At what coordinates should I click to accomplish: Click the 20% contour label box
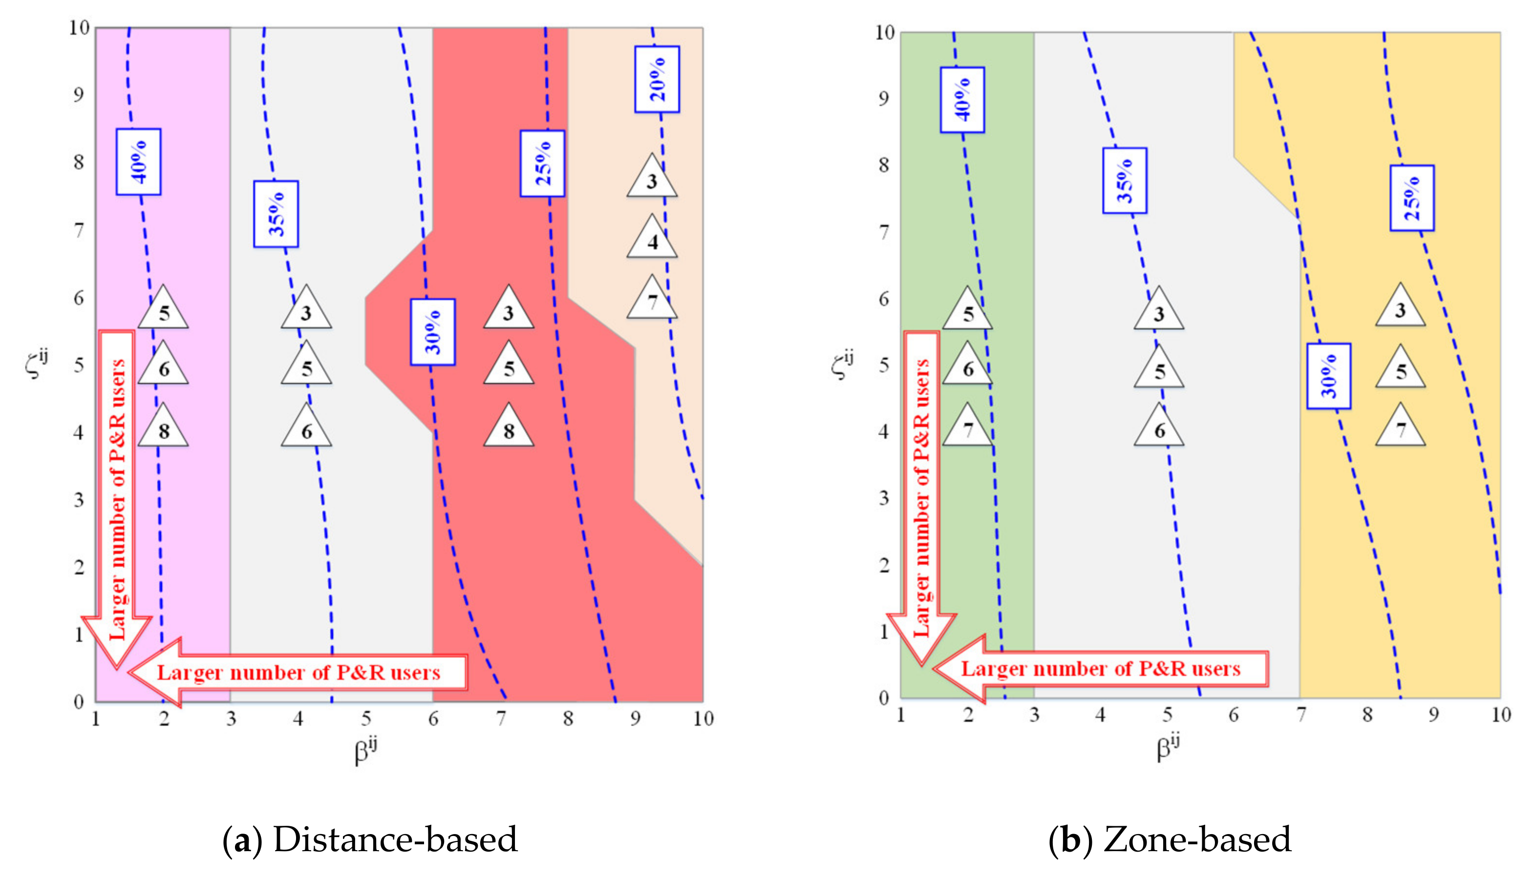[657, 79]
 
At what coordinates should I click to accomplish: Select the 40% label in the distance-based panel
[139, 162]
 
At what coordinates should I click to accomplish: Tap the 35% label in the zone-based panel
[1124, 180]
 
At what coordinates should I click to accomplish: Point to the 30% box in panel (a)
[432, 332]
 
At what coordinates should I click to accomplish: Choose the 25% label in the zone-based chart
[1412, 198]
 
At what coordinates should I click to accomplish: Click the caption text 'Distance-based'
[395, 839]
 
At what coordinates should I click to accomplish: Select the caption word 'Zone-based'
[1197, 839]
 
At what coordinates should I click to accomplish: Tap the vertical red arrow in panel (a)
[116, 500]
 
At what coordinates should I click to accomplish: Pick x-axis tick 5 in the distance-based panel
[366, 718]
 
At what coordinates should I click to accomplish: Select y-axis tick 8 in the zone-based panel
[884, 164]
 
